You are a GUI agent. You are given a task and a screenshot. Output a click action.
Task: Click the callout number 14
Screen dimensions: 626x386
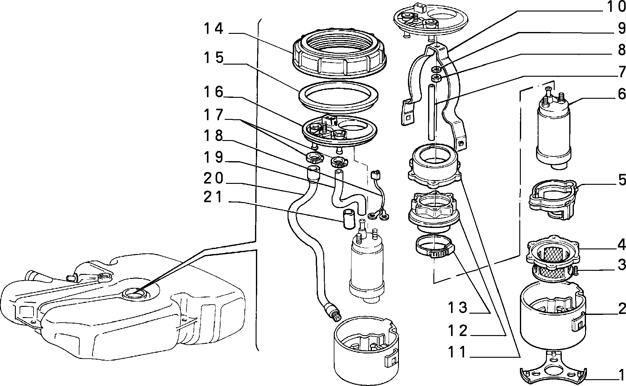click(213, 29)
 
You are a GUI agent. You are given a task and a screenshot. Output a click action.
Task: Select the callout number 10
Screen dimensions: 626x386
click(612, 7)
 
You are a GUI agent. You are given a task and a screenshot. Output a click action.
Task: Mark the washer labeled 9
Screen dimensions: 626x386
click(436, 69)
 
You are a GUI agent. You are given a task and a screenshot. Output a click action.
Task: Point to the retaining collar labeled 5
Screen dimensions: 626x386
click(552, 199)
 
